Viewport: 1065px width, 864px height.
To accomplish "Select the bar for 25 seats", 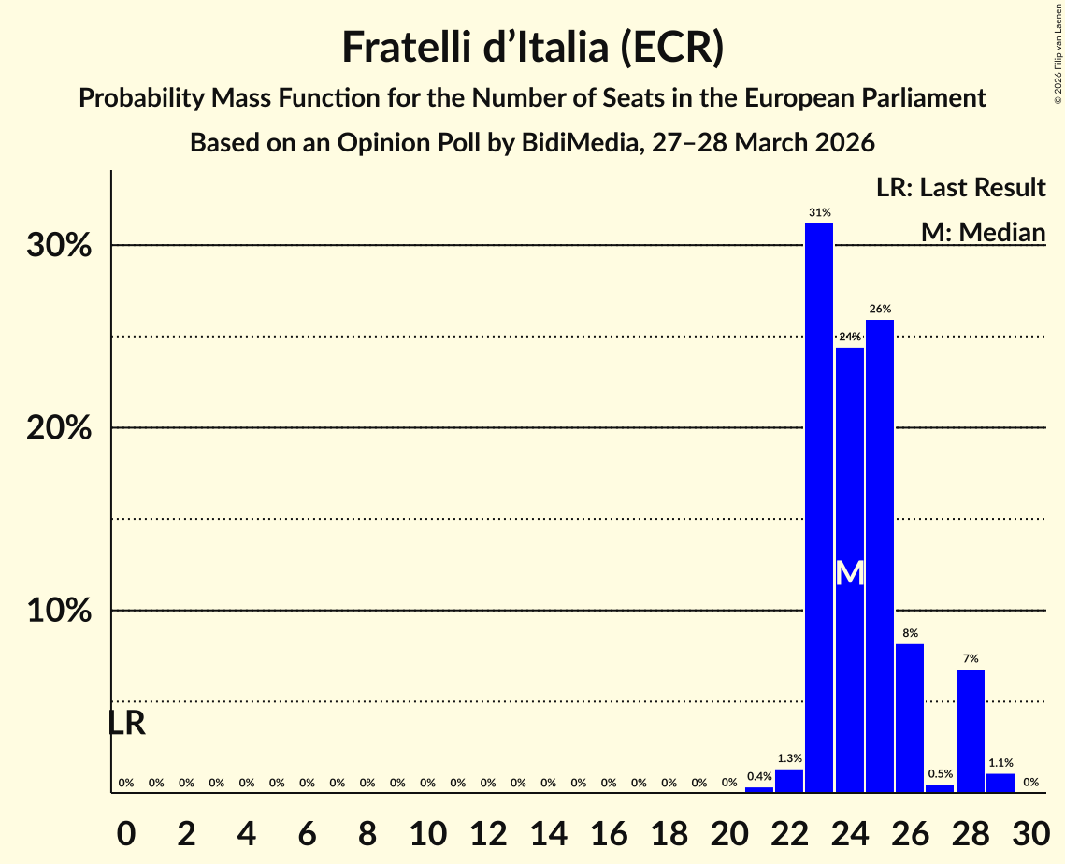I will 879,555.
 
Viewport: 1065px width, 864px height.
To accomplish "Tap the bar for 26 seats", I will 910,718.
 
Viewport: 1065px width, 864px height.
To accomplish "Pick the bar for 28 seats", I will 970,730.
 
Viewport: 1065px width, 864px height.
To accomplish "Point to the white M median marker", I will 849,573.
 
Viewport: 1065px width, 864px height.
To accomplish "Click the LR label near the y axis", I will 126,723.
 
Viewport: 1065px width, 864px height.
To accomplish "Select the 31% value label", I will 819,213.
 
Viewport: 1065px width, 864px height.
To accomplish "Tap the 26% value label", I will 879,309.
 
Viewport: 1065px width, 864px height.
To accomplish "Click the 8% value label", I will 910,633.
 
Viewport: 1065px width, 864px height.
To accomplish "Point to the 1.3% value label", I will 789,758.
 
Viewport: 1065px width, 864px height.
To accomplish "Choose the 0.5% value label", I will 940,773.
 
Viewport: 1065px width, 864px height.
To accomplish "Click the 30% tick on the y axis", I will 64,246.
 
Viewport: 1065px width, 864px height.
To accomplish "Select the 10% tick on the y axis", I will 64,611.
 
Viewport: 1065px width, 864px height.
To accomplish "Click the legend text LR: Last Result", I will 960,188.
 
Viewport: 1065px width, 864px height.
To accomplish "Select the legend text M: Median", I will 983,231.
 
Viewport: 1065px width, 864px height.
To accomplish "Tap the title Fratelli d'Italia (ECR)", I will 532,48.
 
